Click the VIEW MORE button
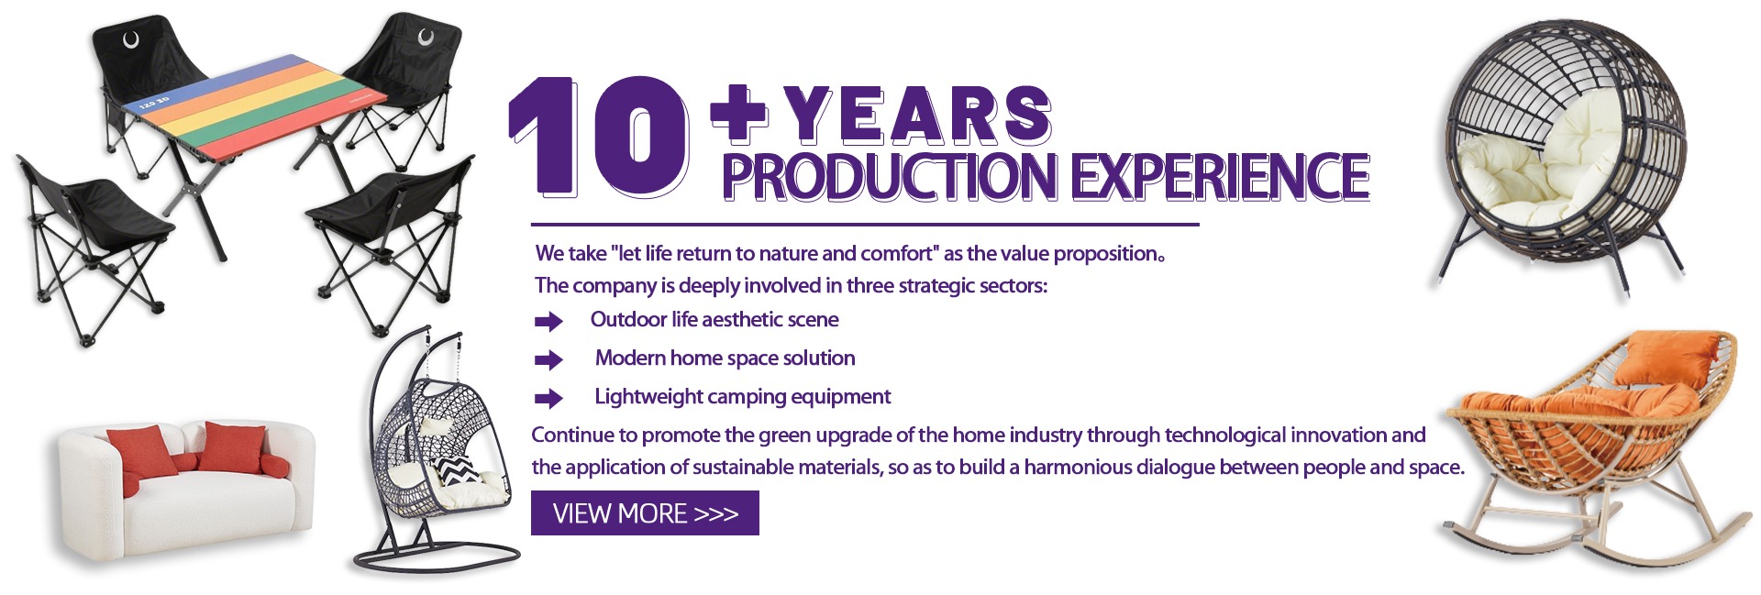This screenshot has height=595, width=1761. coord(645,512)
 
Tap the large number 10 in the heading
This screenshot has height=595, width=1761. coord(599,137)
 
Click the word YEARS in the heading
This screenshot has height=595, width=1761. coord(916,116)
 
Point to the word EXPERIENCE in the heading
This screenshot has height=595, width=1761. coord(1221,177)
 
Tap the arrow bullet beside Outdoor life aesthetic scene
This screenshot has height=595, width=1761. coord(548,321)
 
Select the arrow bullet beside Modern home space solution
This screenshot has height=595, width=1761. coord(548,359)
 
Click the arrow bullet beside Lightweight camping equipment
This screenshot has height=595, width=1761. coord(548,398)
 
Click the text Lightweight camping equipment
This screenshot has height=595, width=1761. coord(742,396)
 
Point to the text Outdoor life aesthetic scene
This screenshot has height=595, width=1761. coord(714,319)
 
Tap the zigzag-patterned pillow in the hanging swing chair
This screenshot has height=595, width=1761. coord(456,470)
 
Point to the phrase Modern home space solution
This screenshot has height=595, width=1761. coord(725,358)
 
